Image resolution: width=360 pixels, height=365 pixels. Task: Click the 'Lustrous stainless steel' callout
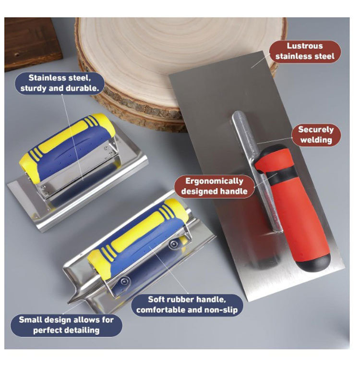click(x=305, y=51)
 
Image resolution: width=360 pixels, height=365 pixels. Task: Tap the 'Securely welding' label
click(x=316, y=135)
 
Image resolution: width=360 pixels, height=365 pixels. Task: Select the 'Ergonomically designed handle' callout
click(x=215, y=186)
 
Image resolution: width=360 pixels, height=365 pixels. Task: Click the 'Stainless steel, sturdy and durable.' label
click(x=60, y=83)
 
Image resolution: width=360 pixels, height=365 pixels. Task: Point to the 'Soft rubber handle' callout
click(x=187, y=304)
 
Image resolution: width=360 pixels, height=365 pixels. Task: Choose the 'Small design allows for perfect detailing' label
click(x=66, y=325)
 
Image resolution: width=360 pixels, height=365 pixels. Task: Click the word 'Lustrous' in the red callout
click(x=305, y=46)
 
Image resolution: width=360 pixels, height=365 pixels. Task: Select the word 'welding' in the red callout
click(x=316, y=140)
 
